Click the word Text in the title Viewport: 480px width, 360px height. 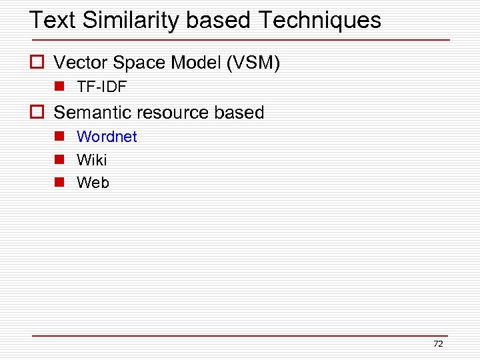pyautogui.click(x=53, y=20)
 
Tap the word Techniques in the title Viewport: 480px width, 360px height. pyautogui.click(x=319, y=20)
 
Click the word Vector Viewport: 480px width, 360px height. pyautogui.click(x=80, y=63)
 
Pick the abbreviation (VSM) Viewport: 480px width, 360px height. pyautogui.click(x=253, y=63)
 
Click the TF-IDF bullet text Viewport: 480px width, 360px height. pyautogui.click(x=101, y=87)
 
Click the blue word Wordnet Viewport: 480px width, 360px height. pyautogui.click(x=107, y=137)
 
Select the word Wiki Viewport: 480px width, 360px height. pyautogui.click(x=91, y=160)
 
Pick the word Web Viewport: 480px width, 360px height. pyautogui.click(x=93, y=183)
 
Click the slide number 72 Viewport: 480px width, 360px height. pyautogui.click(x=438, y=344)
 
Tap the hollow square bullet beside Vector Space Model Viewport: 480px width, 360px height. pyautogui.click(x=37, y=63)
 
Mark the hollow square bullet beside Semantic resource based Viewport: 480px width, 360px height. pyautogui.click(x=37, y=112)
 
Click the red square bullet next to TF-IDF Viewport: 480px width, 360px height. pyautogui.click(x=59, y=87)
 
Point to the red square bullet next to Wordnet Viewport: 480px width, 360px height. pyautogui.click(x=59, y=136)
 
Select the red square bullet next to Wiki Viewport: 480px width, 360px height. pyautogui.click(x=59, y=159)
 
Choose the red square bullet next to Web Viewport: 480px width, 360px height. pyautogui.click(x=59, y=182)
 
